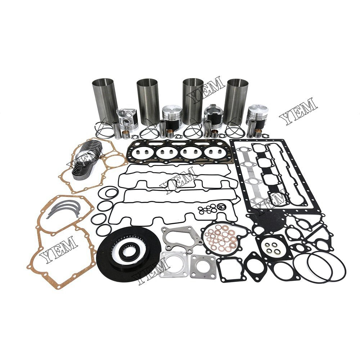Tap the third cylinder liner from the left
point(193,101)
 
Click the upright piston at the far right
point(257,115)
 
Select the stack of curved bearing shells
point(86,160)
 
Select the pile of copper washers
point(220,237)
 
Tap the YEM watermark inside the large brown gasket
point(59,248)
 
